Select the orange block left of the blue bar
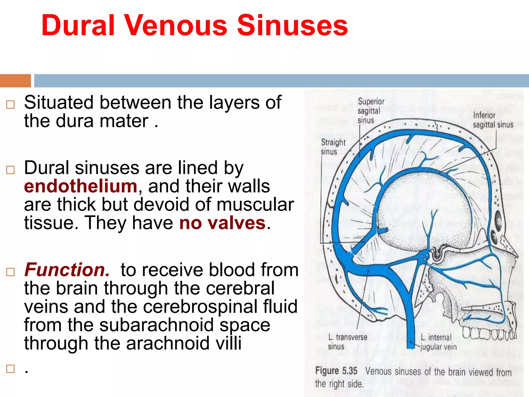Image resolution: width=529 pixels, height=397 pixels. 15,81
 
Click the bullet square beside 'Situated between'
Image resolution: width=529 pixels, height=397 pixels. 10,105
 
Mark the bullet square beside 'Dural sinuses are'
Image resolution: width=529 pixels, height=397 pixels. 10,170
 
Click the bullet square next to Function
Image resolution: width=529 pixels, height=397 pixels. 10,272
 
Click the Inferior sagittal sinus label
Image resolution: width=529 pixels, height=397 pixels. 493,120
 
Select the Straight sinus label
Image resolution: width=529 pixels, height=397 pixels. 333,147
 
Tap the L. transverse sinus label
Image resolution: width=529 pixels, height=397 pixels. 347,341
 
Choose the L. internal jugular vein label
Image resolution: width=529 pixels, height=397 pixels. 438,342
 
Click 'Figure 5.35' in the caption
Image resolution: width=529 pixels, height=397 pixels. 336,371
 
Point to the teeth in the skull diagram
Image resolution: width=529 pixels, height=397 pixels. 488,333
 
